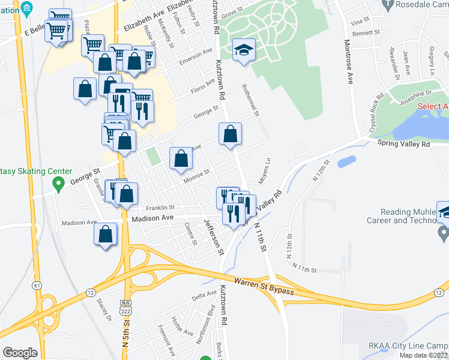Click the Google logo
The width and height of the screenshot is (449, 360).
20,353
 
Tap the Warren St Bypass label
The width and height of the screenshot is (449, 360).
264,286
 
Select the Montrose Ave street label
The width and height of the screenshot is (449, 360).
348,62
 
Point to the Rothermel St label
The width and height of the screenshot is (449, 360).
250,99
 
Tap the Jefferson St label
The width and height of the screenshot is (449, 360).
214,235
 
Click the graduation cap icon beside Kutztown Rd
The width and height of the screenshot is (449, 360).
244,50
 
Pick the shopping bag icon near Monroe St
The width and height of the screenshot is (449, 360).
181,158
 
